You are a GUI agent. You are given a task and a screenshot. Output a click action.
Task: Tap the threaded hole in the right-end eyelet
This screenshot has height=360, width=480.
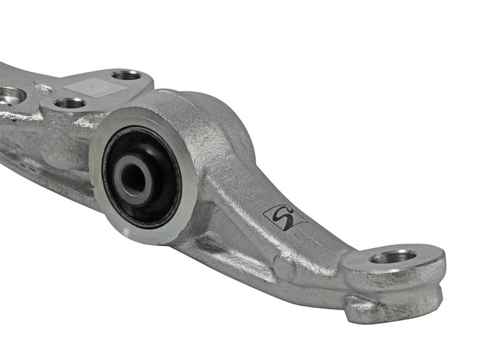click(x=393, y=257)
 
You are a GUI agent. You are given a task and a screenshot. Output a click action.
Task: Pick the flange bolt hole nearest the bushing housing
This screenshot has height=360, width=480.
click(x=70, y=103)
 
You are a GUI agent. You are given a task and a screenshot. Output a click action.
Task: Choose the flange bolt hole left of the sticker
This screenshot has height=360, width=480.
click(x=126, y=75)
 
